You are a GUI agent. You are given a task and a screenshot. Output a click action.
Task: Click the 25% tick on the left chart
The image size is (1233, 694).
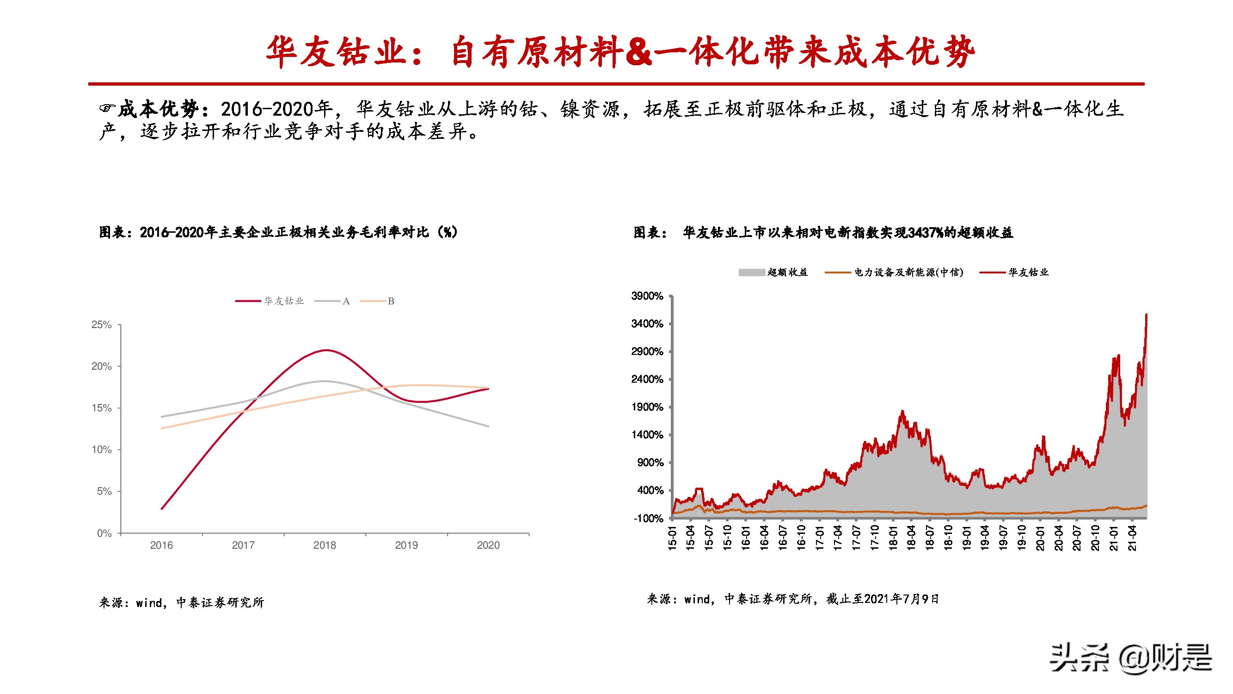click(101, 325)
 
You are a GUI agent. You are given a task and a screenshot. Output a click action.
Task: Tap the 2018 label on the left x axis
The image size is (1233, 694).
click(325, 545)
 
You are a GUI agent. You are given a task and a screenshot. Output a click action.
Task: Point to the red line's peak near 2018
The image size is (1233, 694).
click(326, 350)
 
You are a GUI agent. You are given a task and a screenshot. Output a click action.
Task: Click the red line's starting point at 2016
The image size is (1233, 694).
click(162, 508)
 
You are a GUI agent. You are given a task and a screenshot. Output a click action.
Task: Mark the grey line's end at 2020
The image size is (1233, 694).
click(488, 426)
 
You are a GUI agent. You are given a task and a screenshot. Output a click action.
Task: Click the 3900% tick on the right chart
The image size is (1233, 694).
click(647, 296)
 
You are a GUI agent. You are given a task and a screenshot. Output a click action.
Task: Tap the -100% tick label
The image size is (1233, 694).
click(649, 519)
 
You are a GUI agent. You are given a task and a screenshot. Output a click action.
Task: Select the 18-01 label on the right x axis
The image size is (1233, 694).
click(893, 537)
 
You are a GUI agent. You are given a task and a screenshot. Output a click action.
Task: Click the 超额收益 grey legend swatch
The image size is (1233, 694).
click(751, 273)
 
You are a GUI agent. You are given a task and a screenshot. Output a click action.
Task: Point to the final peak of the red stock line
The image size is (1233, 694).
click(1147, 315)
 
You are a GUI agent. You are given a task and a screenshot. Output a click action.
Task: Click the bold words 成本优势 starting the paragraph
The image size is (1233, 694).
click(158, 109)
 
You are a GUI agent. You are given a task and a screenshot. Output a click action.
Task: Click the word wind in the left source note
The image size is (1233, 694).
click(149, 602)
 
